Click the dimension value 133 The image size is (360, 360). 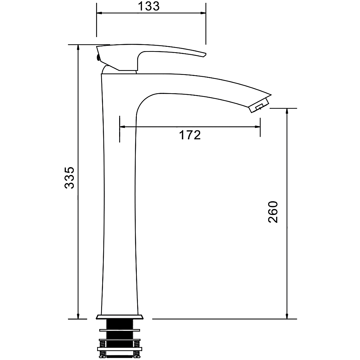point(149,6)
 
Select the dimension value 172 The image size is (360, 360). point(190,135)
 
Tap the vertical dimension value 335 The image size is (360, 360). point(69,178)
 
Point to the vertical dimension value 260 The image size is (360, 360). point(273,212)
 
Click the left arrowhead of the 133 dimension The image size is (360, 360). point(99,13)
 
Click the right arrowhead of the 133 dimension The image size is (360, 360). point(203,13)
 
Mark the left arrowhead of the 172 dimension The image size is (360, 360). point(122,126)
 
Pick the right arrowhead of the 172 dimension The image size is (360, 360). point(257,126)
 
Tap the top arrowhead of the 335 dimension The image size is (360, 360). point(78,48)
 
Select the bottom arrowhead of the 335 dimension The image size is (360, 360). point(78,316)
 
